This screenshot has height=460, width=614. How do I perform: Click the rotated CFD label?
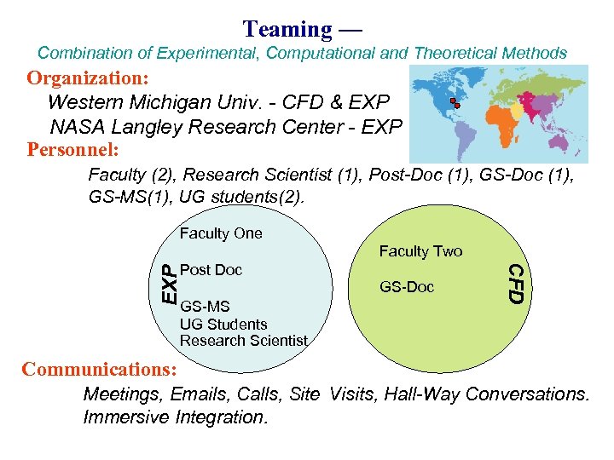(515, 283)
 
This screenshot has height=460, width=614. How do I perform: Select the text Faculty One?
(221, 233)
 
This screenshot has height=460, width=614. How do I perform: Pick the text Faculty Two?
(420, 250)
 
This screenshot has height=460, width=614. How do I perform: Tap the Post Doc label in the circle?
(211, 269)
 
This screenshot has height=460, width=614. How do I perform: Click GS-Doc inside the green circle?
(407, 287)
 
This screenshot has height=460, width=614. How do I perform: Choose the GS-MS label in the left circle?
(205, 306)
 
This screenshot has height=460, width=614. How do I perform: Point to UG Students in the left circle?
(223, 324)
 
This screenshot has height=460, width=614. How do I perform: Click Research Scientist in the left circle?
(244, 341)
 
